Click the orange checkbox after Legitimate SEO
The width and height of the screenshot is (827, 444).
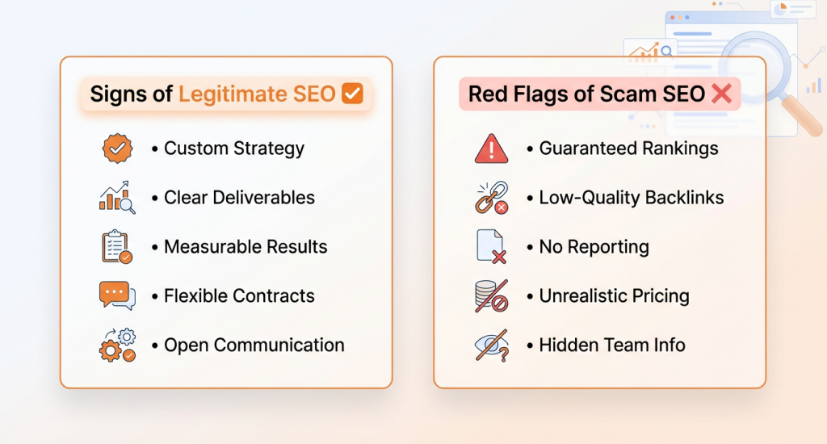352,94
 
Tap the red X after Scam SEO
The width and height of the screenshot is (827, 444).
721,94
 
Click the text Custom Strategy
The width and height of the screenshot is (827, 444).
234,149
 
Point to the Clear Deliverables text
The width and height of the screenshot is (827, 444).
239,198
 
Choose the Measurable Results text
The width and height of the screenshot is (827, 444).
246,247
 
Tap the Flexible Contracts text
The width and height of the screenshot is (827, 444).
239,296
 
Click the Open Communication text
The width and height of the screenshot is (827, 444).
254,346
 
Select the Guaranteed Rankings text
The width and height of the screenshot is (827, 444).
628,149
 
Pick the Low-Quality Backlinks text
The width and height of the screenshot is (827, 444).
632,198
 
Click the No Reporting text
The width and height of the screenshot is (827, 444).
594,247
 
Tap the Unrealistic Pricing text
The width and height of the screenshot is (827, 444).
614,296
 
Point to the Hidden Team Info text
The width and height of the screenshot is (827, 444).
612,346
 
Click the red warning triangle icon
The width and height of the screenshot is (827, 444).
491,149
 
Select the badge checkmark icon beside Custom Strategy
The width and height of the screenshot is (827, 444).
117,149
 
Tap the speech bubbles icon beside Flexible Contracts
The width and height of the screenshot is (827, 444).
117,295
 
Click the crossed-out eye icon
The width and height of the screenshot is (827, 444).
491,346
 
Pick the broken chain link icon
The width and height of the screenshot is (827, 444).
491,198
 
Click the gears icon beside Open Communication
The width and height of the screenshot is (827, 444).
117,346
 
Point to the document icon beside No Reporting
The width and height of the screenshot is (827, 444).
491,247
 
